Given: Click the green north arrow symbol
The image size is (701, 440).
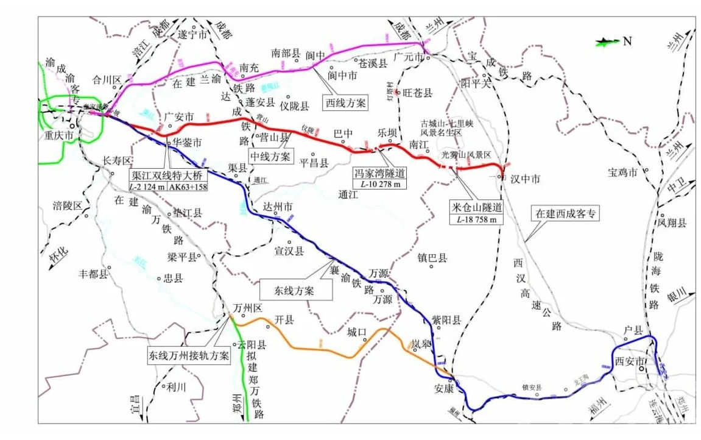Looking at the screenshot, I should tap(605, 41).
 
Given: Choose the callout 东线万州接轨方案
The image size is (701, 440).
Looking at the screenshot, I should tap(189, 356).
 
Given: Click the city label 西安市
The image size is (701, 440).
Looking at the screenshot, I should tap(629, 362).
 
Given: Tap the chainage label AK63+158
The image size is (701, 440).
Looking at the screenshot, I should tap(188, 187).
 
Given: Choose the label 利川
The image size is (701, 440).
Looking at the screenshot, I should tap(178, 386).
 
